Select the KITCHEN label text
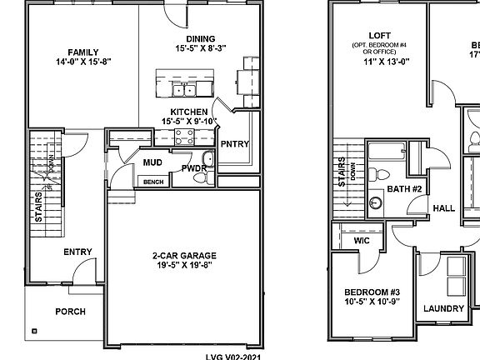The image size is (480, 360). point(189,112)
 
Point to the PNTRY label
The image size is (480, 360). point(236,143)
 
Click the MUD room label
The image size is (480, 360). point(152,162)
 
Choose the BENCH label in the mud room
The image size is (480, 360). point(153,182)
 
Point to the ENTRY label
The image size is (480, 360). point(77,252)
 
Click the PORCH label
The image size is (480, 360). point(70,312)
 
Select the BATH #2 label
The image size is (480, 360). point(404,190)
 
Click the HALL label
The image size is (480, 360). point(443,208)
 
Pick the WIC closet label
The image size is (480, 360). point(361,240)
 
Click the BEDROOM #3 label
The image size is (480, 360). point(372,292)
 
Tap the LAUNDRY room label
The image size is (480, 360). point(443,308)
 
